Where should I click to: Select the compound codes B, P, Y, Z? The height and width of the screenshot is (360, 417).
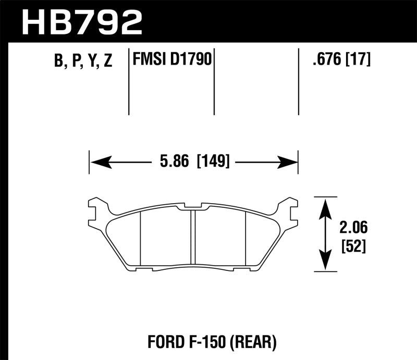[x=83, y=61]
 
